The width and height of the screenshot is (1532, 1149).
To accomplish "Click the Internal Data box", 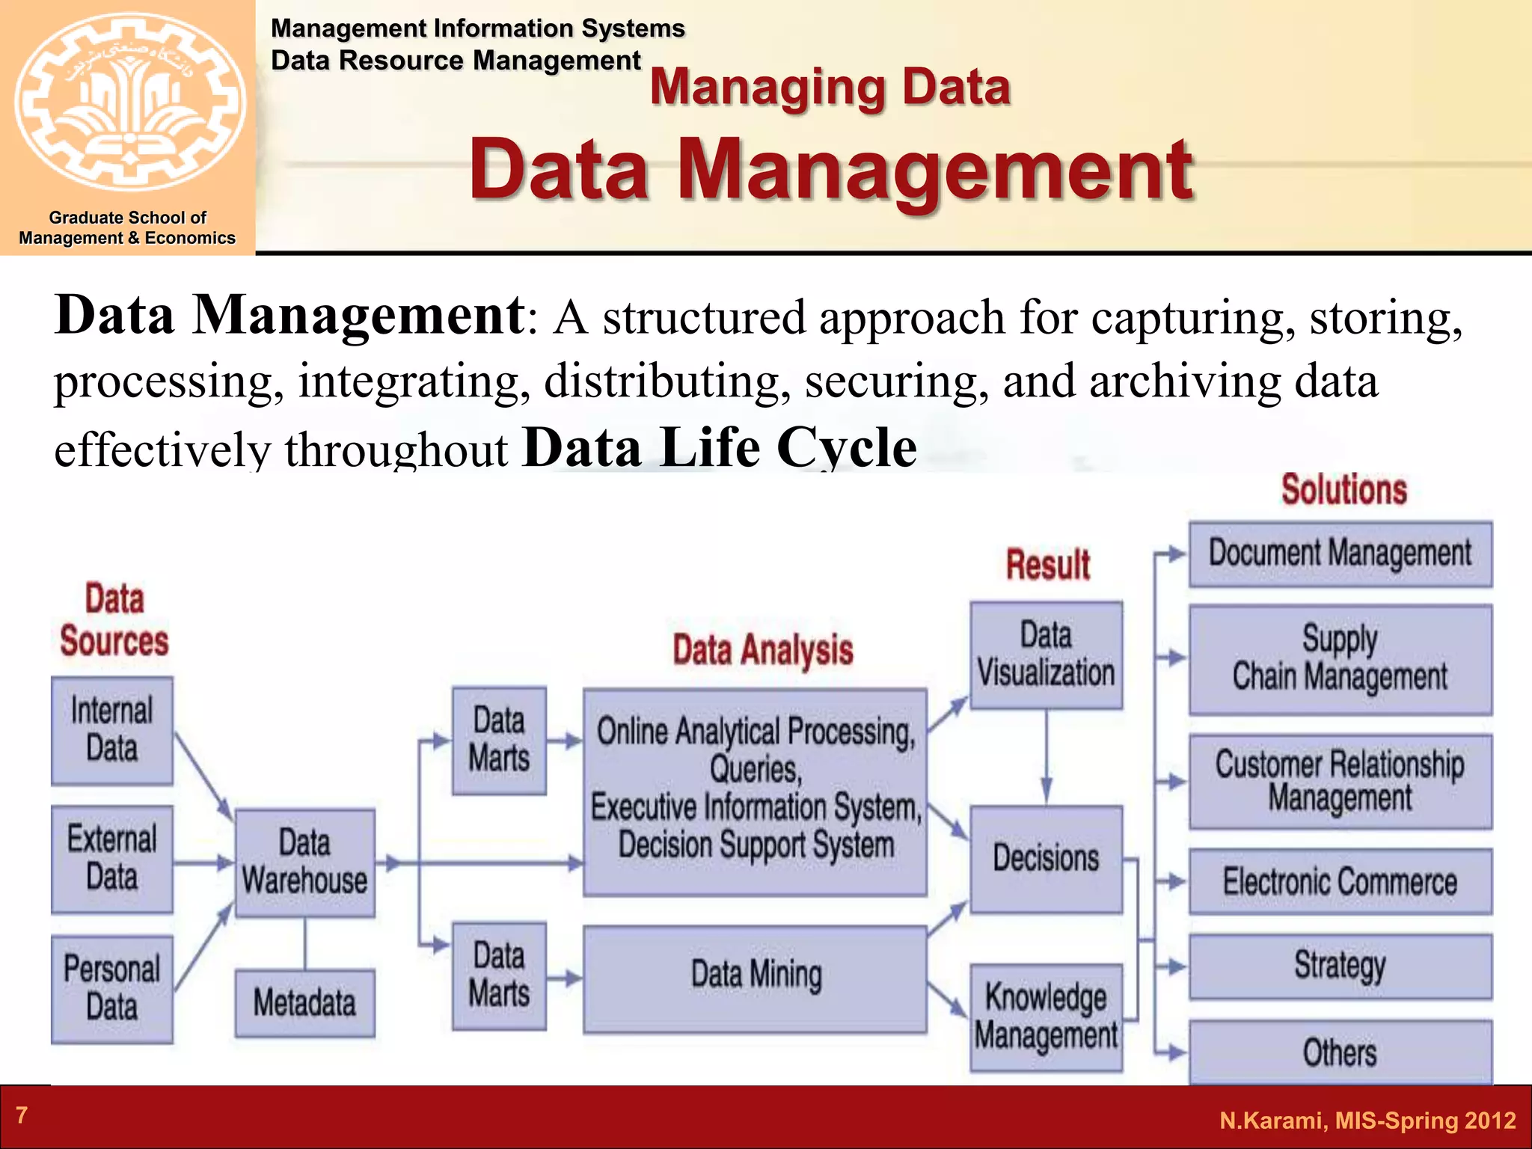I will pyautogui.click(x=112, y=730).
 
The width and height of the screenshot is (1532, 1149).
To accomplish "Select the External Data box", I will pyautogui.click(x=112, y=859).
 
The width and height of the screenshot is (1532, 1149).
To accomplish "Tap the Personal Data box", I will pyautogui.click(x=112, y=988).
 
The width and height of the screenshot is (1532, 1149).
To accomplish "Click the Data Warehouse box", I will pyautogui.click(x=304, y=862).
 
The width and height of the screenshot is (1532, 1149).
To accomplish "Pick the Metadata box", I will pyautogui.click(x=304, y=1002).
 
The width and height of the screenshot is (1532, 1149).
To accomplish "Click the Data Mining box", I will pyautogui.click(x=755, y=978).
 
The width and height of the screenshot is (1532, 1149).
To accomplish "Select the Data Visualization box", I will pyautogui.click(x=1046, y=655).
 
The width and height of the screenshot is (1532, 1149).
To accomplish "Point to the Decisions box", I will pyautogui.click(x=1046, y=859).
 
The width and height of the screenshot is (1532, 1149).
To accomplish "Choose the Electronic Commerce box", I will pyautogui.click(x=1340, y=881).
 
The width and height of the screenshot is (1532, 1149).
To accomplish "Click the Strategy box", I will pyautogui.click(x=1340, y=966).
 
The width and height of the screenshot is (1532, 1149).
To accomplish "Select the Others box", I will pyautogui.click(x=1340, y=1052).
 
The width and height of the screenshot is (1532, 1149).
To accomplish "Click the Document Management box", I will pyautogui.click(x=1340, y=554).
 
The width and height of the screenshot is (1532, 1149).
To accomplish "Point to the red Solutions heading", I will pyautogui.click(x=1343, y=490).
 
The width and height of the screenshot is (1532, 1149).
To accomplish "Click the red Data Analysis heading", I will pyautogui.click(x=762, y=649).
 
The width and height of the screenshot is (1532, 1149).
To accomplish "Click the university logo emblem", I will pyautogui.click(x=129, y=101).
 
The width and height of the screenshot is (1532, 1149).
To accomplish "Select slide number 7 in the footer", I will pyautogui.click(x=22, y=1115).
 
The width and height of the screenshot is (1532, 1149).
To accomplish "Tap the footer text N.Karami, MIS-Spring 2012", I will pyautogui.click(x=1367, y=1121).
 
